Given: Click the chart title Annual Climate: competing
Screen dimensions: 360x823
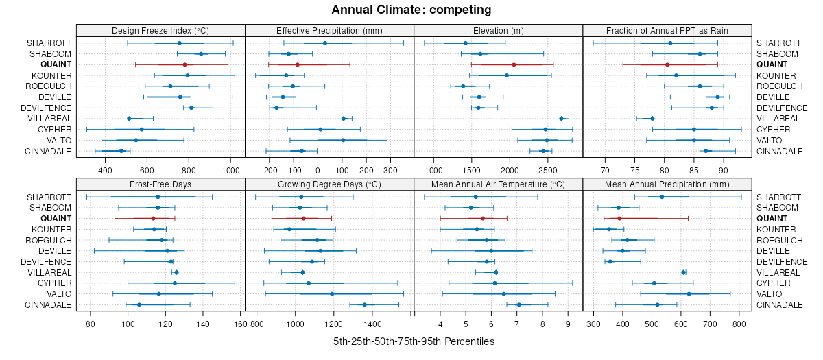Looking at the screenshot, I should [411, 10].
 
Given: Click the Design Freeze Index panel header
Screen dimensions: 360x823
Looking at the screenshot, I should [160, 30].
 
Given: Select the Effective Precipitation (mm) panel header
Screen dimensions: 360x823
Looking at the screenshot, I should [329, 30].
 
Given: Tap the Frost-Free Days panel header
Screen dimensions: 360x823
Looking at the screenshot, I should [160, 184].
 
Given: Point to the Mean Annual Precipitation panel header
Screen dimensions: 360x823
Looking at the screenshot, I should [667, 184].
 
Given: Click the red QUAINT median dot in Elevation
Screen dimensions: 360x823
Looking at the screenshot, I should [514, 64].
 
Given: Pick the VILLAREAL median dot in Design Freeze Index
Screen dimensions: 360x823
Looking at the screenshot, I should [129, 119].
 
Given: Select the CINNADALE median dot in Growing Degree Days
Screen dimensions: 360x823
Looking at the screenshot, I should [364, 304].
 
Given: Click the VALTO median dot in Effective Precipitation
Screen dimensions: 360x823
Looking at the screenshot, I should [343, 140].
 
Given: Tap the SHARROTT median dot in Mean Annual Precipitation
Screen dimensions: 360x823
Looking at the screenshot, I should [662, 197].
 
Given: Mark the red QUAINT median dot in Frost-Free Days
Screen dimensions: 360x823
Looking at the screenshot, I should [153, 218].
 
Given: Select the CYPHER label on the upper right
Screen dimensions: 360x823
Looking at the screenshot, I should [772, 130].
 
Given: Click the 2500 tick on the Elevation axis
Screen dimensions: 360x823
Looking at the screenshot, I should [547, 167].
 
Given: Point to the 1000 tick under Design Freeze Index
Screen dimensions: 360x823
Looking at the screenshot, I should [230, 167].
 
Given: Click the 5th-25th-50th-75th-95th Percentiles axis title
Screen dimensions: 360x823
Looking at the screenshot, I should [414, 341].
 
